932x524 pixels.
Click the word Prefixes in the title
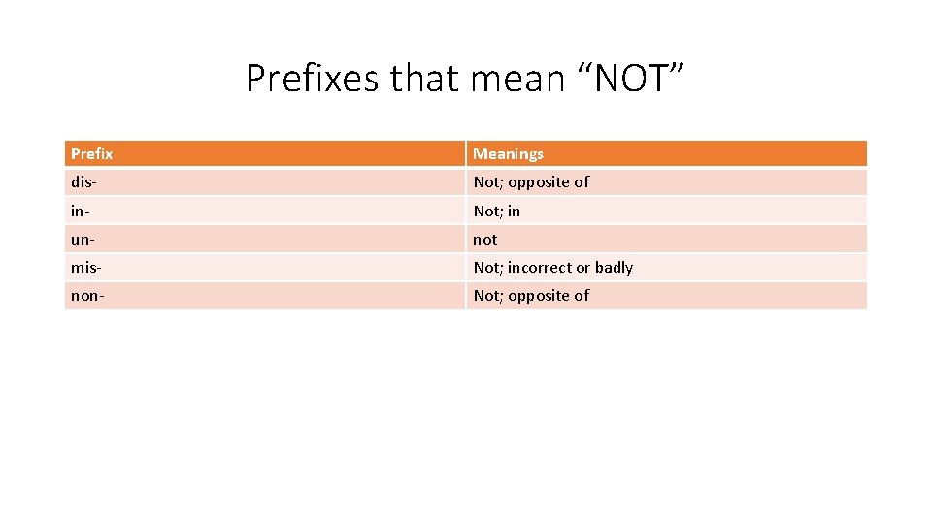tap(313, 78)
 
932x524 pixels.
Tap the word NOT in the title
tap(639, 78)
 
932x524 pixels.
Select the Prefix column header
tap(92, 154)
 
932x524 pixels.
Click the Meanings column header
tap(509, 154)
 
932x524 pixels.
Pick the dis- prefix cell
tap(84, 182)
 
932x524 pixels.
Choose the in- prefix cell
tap(80, 211)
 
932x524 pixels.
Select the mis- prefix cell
tap(87, 267)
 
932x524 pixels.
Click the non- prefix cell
tap(87, 296)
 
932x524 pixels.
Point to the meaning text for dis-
tap(531, 182)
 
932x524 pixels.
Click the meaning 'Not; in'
tap(497, 211)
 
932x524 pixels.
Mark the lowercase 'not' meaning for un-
tap(485, 239)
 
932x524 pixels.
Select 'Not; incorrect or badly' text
tap(553, 267)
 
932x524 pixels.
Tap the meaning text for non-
tap(531, 296)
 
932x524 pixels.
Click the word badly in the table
tap(614, 267)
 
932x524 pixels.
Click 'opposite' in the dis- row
tap(538, 182)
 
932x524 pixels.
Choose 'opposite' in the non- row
tap(538, 296)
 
